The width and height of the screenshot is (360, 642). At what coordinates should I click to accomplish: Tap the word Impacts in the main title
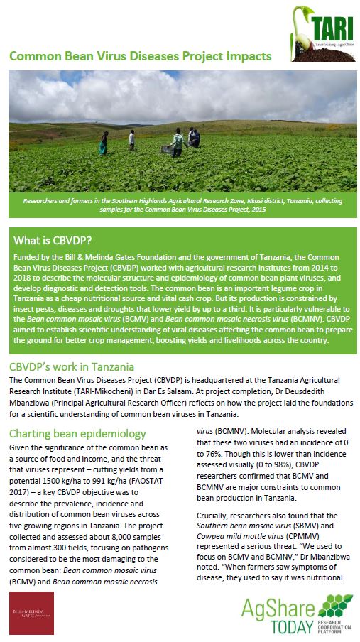click(245, 55)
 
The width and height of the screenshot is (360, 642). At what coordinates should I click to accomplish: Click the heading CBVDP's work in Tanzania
click(71, 367)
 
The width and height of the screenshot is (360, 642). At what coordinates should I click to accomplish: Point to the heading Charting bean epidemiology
click(77, 433)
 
